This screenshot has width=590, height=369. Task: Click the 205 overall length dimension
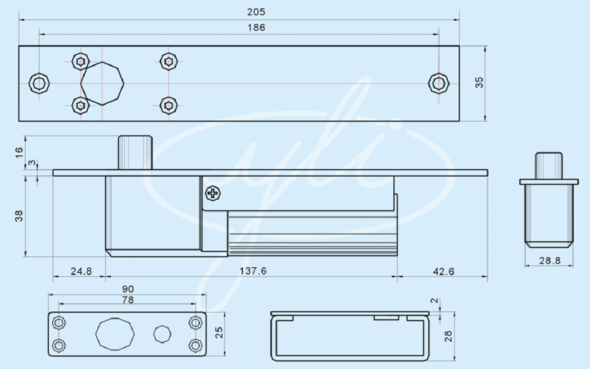click(x=256, y=12)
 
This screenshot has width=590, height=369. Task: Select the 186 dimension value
click(x=256, y=28)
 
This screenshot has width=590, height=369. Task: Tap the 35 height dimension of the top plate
click(x=479, y=82)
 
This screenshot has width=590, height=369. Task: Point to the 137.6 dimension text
click(x=253, y=271)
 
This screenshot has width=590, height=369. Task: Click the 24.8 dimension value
click(x=81, y=271)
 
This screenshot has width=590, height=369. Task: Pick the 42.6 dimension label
click(x=444, y=271)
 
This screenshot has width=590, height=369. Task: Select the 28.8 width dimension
click(x=550, y=261)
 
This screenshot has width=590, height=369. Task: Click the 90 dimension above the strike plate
click(x=128, y=289)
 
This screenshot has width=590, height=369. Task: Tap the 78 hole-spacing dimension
click(x=128, y=300)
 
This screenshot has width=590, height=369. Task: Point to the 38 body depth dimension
click(x=19, y=216)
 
